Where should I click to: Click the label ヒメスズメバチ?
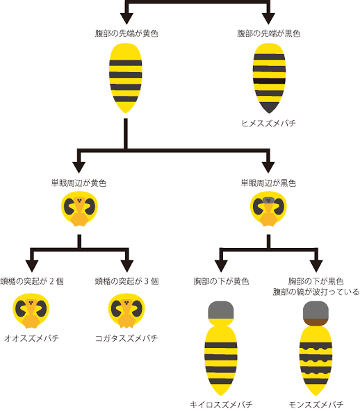[268, 123]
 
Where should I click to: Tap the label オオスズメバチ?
[31, 338]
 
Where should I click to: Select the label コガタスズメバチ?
[126, 338]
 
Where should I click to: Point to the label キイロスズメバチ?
[221, 405]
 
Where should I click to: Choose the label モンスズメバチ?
[316, 405]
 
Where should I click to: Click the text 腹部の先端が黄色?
[126, 33]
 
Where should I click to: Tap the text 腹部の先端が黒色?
[268, 33]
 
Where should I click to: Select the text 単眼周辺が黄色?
[79, 183]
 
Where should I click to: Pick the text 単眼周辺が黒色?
[268, 183]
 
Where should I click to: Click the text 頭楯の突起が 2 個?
[32, 281]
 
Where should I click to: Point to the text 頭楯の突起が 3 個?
[126, 281]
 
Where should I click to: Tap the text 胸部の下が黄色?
[221, 281]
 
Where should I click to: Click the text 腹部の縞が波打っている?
[316, 292]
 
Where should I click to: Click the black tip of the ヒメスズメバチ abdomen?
[269, 107]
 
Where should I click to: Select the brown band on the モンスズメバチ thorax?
[316, 321]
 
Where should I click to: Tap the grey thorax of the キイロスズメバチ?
[221, 310]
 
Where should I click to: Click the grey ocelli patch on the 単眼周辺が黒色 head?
[268, 200]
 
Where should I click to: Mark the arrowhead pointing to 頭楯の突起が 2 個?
[32, 266]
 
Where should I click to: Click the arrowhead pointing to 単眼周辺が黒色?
[268, 167]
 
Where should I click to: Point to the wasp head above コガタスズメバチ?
[126, 310]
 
